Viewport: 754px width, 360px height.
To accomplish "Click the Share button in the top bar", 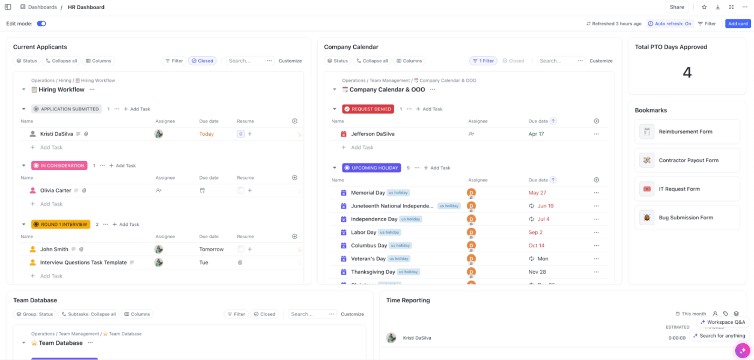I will tap(676, 7).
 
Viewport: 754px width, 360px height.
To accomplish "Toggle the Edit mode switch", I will tap(41, 24).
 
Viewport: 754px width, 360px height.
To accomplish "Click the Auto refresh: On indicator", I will tap(669, 24).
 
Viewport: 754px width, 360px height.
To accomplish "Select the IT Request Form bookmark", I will tap(679, 189).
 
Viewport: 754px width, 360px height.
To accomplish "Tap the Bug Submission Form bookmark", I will tap(685, 218).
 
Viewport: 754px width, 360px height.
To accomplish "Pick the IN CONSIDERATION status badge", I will tap(59, 165).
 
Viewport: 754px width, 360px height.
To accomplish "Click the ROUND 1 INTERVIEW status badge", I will tap(60, 224).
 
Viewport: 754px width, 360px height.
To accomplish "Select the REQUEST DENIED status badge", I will tap(368, 109).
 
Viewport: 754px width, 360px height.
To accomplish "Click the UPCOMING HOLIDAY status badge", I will tap(371, 168).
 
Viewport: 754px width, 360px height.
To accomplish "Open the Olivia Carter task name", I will tap(55, 190).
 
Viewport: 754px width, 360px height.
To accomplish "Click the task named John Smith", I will tap(54, 250).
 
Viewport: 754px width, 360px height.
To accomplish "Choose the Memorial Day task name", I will tap(368, 193).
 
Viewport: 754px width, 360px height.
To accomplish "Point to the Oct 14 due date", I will tap(536, 246).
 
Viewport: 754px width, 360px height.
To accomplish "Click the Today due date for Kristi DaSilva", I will tap(206, 134).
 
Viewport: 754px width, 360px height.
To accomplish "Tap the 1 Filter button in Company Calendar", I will tap(483, 61).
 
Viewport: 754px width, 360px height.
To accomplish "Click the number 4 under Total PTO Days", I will tap(687, 72).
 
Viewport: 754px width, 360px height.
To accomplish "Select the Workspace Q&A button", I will tap(723, 322).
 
